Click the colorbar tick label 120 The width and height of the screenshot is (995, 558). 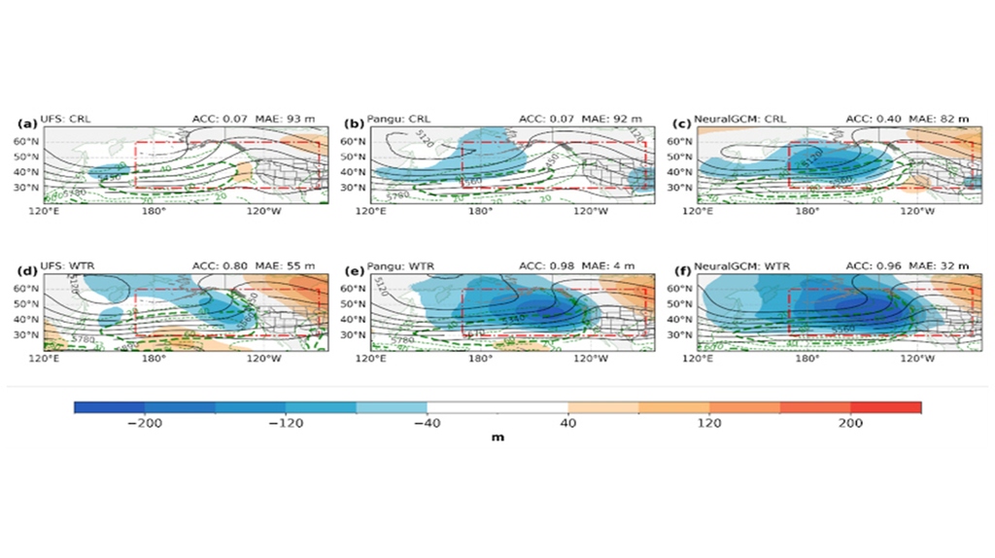click(x=709, y=424)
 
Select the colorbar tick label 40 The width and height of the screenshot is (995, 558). click(x=568, y=424)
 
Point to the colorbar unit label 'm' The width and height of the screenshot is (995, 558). click(x=497, y=438)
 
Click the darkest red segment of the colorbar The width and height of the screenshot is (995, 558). click(x=885, y=407)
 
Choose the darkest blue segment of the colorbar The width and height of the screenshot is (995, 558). click(x=109, y=407)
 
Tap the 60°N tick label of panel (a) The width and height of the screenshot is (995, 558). click(x=23, y=141)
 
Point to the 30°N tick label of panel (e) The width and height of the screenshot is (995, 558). click(x=352, y=333)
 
